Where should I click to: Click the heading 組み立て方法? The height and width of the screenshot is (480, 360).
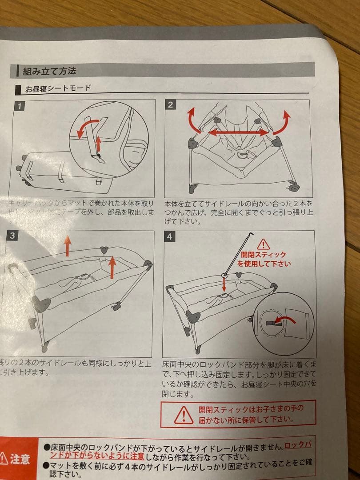coord(49,71)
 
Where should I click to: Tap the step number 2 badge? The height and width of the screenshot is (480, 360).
coord(171,105)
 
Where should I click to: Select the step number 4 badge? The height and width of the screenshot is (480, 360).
coord(169,236)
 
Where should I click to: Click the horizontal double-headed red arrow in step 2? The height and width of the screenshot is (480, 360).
coord(239,132)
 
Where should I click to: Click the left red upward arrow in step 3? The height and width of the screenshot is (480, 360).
coord(67,246)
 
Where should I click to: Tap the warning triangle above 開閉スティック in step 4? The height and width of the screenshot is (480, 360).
coord(264,244)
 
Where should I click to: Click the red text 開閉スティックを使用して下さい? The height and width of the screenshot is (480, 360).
coord(264,259)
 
